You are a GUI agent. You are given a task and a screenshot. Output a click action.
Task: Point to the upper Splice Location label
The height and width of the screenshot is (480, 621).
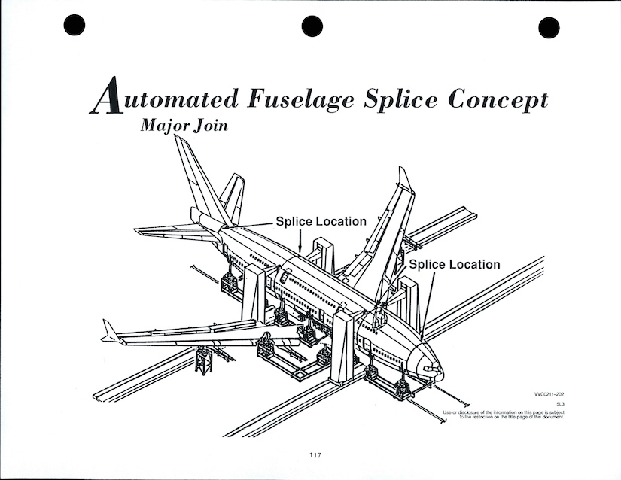point(321,222)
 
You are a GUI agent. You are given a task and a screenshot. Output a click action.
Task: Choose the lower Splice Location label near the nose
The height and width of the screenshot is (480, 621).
point(454,265)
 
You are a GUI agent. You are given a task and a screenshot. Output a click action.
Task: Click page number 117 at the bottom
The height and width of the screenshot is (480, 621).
point(316,454)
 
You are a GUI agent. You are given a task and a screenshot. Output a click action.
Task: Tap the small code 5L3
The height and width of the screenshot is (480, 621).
point(560,405)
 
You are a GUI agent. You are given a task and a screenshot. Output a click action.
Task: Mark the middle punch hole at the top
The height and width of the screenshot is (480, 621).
point(312,26)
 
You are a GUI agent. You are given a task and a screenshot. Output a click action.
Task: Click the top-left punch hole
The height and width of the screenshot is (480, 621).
point(74,26)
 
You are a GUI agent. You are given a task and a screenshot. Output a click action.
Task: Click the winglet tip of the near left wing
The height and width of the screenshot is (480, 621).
point(111,331)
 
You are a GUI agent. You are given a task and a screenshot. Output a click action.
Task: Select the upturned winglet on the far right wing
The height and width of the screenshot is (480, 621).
point(405,178)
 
